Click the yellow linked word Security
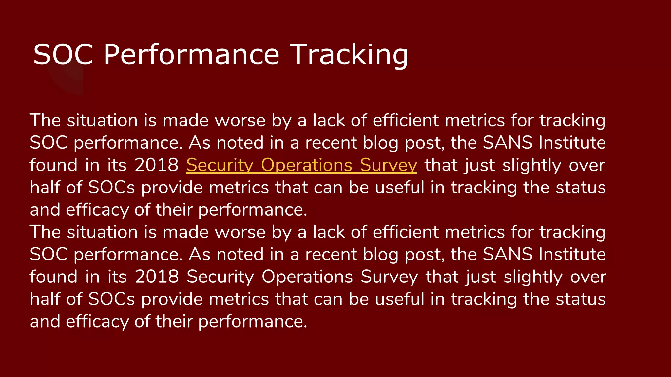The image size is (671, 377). point(220,165)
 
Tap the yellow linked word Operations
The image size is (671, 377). point(307,165)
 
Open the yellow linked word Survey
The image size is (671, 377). point(388,165)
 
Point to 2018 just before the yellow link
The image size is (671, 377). point(156,165)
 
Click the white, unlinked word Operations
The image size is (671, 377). point(307,277)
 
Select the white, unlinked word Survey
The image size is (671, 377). point(389,277)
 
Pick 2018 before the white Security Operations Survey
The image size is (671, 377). point(157,277)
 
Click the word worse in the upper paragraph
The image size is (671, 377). point(240,120)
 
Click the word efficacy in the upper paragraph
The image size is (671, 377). point(97,210)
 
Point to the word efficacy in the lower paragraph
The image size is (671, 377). point(97,321)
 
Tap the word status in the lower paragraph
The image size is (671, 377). point(581,299)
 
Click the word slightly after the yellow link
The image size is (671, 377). point(532,165)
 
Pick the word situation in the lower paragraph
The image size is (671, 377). point(102,232)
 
